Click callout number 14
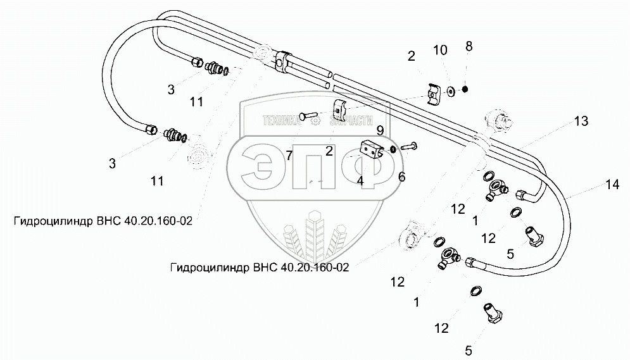point(611,185)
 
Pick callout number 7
point(289,156)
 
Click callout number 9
point(379,131)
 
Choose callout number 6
point(401,177)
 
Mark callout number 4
point(360,180)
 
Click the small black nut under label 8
point(465,89)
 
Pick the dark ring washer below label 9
point(393,149)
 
